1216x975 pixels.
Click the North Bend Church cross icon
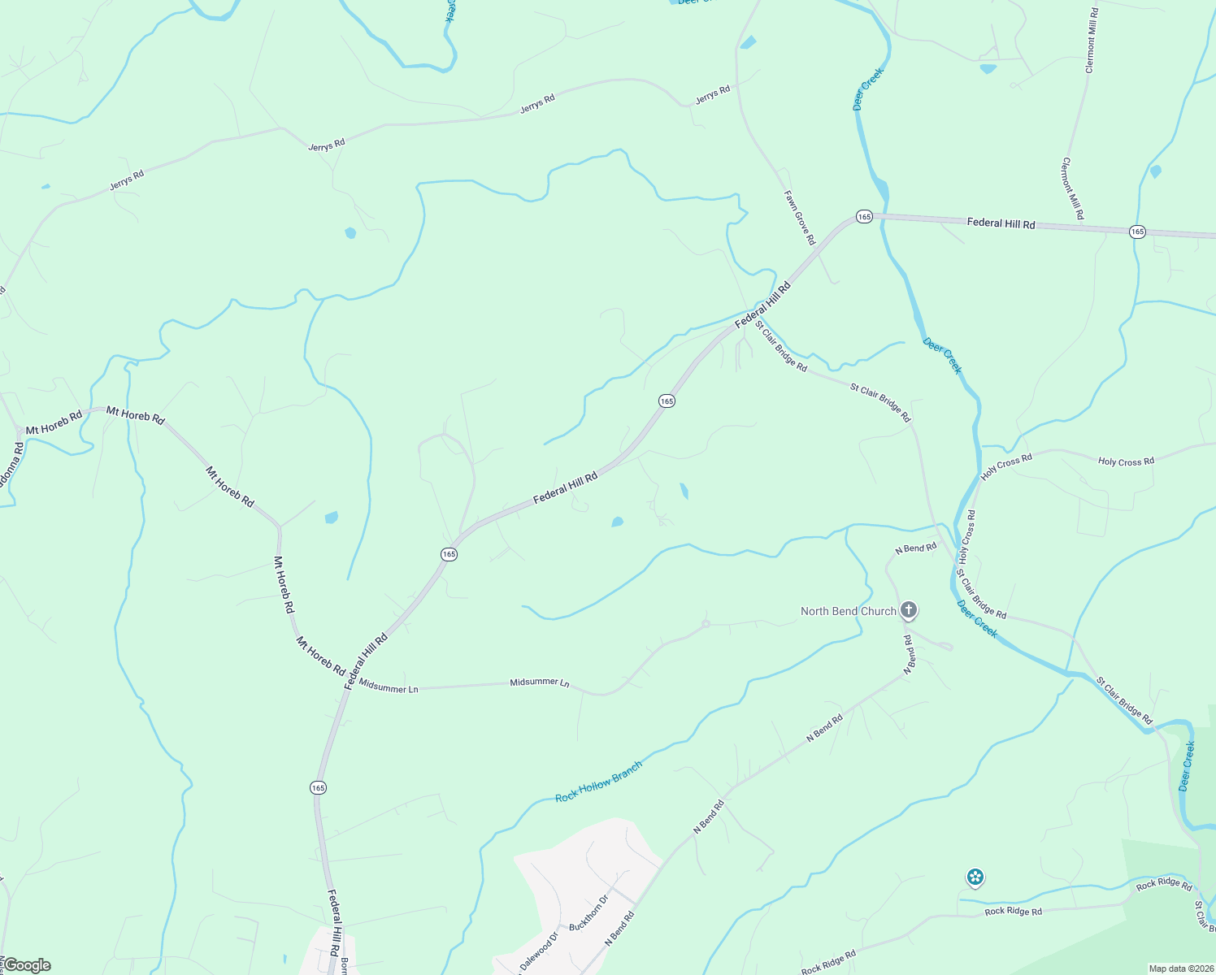[909, 610]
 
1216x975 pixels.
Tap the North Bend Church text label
[848, 611]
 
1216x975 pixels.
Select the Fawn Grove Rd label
[798, 218]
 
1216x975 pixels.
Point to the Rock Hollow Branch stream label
[599, 782]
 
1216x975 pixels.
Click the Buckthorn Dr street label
[588, 914]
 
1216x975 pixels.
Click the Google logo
[26, 965]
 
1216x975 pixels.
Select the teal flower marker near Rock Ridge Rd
[975, 877]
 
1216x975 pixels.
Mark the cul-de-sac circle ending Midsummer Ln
[706, 624]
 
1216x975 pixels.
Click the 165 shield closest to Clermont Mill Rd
[1137, 232]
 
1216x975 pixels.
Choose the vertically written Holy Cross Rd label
[966, 537]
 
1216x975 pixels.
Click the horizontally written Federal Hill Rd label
[1001, 223]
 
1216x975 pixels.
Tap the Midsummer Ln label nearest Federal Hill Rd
[389, 688]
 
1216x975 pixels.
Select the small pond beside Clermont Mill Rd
[1155, 171]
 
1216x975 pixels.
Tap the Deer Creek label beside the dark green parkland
[1187, 765]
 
